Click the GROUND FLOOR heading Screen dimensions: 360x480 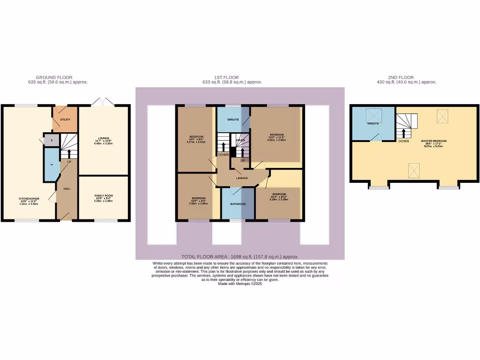(x=54, y=77)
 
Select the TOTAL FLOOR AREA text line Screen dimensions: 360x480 (x=240, y=257)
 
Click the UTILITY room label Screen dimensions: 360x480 (x=65, y=120)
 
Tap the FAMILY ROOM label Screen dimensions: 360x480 (x=104, y=195)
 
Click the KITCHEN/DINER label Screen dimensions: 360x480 (x=29, y=199)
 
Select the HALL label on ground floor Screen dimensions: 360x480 (x=67, y=188)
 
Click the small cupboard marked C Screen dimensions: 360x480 (x=52, y=140)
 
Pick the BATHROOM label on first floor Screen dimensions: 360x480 (x=239, y=204)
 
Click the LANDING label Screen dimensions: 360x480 (x=242, y=178)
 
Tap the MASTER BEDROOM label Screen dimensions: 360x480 (x=434, y=141)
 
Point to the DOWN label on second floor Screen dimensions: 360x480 (x=404, y=141)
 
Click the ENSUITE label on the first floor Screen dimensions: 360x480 (x=233, y=120)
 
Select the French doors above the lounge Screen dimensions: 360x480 (x=103, y=102)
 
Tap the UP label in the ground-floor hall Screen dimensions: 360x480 (x=68, y=162)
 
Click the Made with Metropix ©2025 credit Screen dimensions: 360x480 (x=240, y=284)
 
